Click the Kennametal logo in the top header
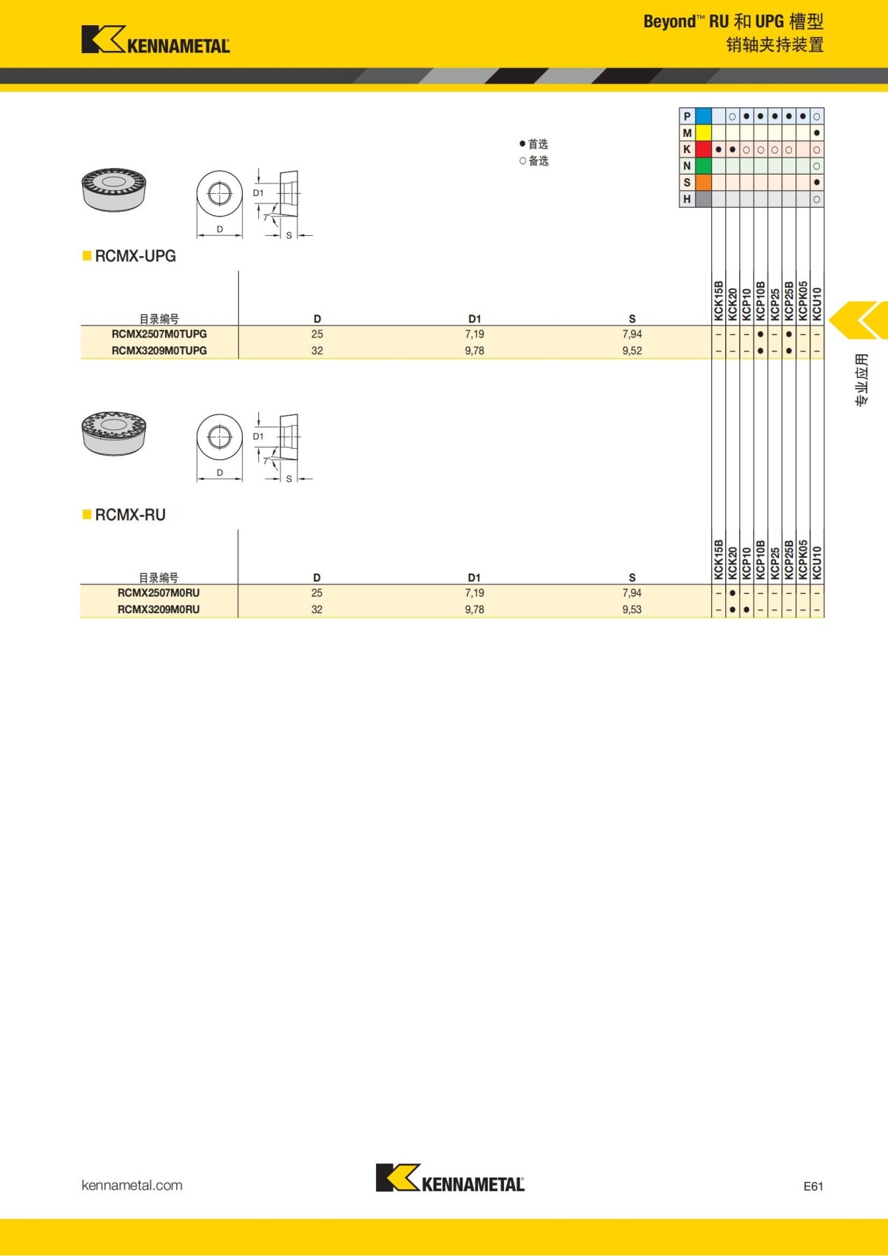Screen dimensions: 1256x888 click(x=155, y=40)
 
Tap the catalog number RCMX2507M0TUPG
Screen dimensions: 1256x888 click(x=159, y=334)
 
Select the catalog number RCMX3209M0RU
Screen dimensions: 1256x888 click(x=158, y=610)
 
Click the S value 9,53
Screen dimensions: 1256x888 click(x=632, y=610)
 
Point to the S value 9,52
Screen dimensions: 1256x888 click(x=632, y=351)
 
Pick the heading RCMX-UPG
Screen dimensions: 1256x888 click(x=135, y=256)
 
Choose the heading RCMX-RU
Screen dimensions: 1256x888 click(x=130, y=515)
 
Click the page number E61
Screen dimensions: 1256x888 click(x=813, y=1186)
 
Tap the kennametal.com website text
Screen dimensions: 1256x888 click(x=132, y=1185)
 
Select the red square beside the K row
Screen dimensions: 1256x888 click(x=703, y=149)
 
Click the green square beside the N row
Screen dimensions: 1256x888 click(x=703, y=166)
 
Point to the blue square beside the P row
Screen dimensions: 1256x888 click(x=703, y=116)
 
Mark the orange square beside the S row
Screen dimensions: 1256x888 click(x=703, y=183)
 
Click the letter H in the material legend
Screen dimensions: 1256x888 click(x=687, y=199)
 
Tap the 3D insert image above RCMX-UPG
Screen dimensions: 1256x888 click(x=113, y=189)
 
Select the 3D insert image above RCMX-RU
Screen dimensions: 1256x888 click(x=113, y=433)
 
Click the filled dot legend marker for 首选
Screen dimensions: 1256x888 click(x=522, y=144)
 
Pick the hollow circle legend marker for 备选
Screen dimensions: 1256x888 click(x=522, y=161)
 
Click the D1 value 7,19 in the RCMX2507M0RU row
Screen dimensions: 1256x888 click(x=474, y=593)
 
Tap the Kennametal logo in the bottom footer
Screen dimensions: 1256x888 click(x=450, y=1178)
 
